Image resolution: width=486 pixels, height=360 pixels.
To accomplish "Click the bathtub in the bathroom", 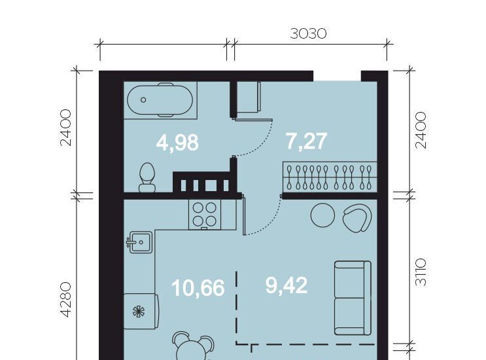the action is coord(160,100).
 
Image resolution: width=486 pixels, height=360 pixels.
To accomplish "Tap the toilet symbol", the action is coord(147,177).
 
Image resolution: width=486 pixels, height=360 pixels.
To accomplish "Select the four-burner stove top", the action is coord(205,214).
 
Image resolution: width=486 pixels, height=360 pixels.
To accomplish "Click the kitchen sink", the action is coord(140,242).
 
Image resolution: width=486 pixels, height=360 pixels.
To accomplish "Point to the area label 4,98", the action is coord(177,143).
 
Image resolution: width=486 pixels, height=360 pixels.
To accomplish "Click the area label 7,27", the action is coord(306,141).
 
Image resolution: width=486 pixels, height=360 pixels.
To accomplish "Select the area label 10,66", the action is coord(198,288).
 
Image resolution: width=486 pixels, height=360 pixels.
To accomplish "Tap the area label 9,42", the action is coord(286,285).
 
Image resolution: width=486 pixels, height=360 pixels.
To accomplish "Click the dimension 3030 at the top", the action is coord(308,33).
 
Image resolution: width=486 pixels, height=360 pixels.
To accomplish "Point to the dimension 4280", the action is coord(66,299).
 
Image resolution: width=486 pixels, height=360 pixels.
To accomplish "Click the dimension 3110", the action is coord(421,272).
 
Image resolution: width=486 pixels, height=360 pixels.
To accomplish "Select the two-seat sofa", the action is coord(353,298).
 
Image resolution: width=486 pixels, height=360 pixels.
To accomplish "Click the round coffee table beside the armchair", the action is coord(322,215).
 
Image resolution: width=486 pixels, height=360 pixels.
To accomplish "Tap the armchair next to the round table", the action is coord(357,218).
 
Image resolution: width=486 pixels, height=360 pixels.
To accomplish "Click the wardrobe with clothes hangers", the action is coord(330,177).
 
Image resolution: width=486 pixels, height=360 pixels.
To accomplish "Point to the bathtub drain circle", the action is coord(143,100).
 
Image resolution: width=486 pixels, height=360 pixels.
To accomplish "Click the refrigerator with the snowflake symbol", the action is coord(141,311).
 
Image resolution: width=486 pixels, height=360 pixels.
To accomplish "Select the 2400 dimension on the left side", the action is coord(66,128).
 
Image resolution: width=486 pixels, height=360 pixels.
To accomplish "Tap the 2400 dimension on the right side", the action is coord(421,130).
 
